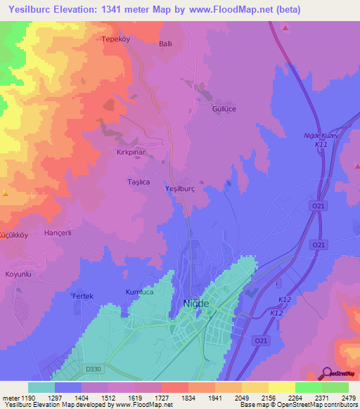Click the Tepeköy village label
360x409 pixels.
(117, 39)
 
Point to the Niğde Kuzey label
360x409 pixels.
(321, 135)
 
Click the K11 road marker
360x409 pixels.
(321, 144)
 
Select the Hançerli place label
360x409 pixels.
(58, 232)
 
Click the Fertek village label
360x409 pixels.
(83, 296)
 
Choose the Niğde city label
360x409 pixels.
(196, 302)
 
